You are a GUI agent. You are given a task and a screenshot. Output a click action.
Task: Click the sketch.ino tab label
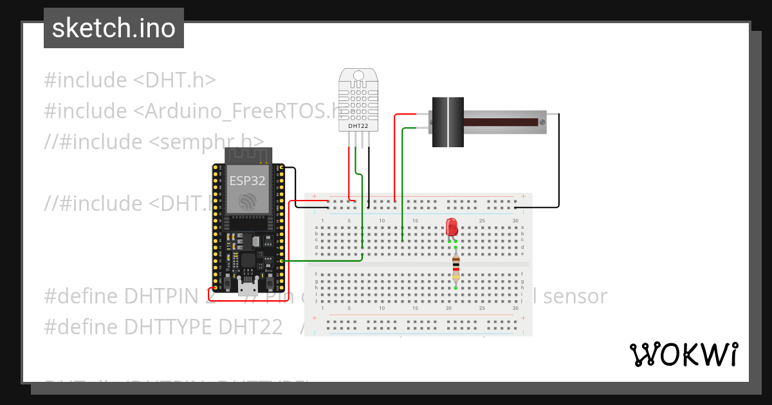coord(114,28)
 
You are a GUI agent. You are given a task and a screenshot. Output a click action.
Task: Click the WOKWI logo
coord(683,354)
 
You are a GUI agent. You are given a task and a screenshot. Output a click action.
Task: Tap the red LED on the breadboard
coord(452,226)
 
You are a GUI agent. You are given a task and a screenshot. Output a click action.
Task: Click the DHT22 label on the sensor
coord(358,126)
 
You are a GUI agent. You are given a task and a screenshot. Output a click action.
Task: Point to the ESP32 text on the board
coord(246,181)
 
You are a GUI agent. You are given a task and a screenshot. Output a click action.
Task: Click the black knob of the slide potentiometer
coord(447,122)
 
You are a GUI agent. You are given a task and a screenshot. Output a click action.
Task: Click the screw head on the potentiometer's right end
coord(543,122)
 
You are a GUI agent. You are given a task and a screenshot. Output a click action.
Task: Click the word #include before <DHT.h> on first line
coord(86,80)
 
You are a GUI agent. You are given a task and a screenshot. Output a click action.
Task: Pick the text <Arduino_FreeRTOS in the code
coord(232,111)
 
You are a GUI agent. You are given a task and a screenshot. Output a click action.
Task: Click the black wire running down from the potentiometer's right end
coord(558,161)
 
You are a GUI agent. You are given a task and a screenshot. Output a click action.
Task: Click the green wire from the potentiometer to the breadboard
coord(403,180)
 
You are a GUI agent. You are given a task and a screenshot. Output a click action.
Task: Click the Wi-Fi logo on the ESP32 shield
coord(246,201)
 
